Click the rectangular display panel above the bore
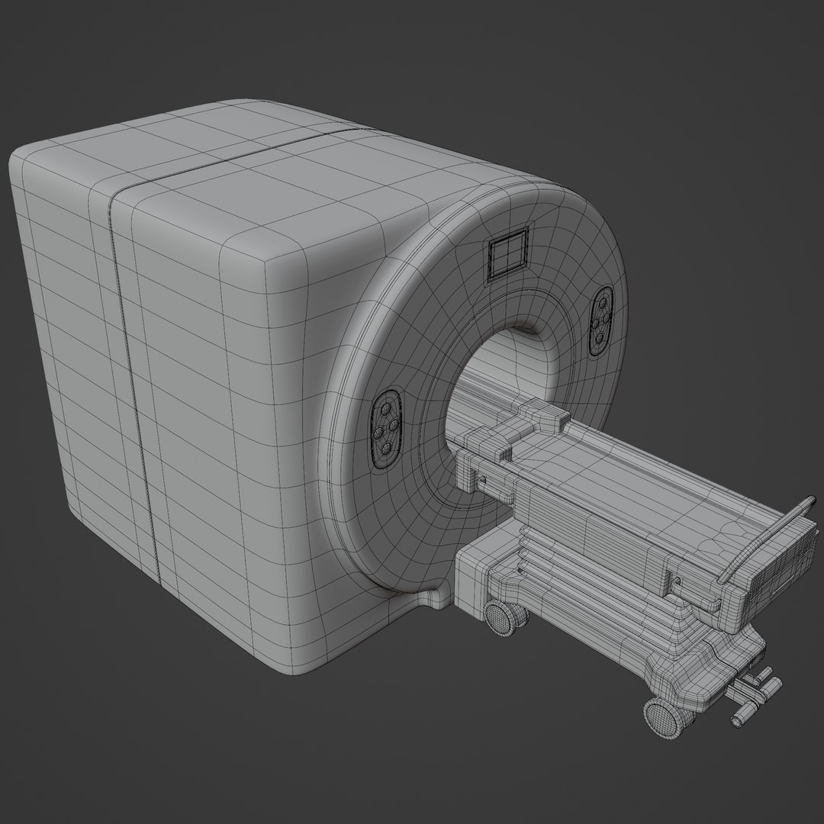point(507,252)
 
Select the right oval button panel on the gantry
point(602,320)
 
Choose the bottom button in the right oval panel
point(599,337)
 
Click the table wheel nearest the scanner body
point(501,616)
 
